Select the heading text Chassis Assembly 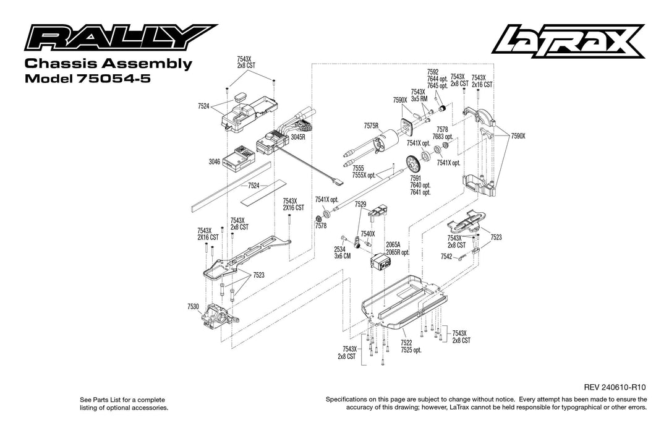pos(108,64)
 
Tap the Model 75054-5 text pos(87,79)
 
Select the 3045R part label pos(299,137)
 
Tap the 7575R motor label pos(372,126)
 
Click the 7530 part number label pos(193,307)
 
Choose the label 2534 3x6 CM pos(342,252)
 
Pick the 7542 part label pos(446,256)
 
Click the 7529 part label pos(360,204)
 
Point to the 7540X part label pos(368,233)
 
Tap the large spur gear pos(412,163)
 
